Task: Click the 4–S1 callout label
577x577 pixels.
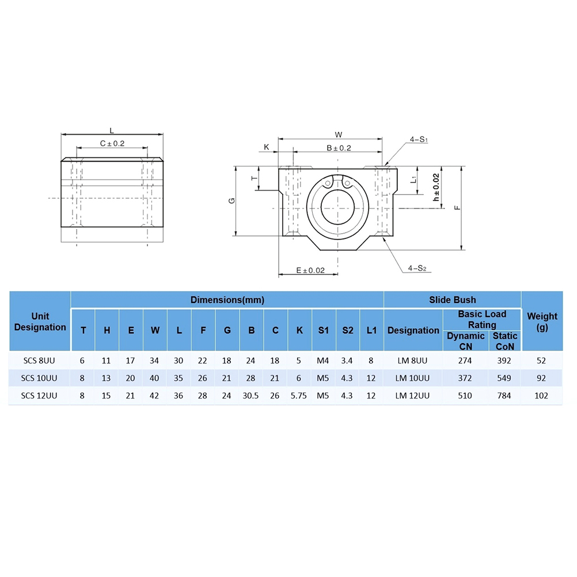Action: (x=419, y=139)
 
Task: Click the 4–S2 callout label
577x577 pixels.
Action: (x=417, y=268)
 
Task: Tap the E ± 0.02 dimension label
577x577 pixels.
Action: (x=310, y=271)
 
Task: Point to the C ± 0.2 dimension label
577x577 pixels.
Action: (x=112, y=143)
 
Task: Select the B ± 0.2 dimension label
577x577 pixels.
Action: (x=339, y=148)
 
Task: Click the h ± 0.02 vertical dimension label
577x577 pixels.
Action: (x=436, y=187)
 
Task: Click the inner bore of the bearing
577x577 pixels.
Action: (x=337, y=207)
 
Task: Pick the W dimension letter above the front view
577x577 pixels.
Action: (x=339, y=135)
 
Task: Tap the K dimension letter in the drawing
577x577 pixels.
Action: (x=267, y=147)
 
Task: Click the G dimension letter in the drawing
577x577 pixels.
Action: (x=231, y=200)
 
